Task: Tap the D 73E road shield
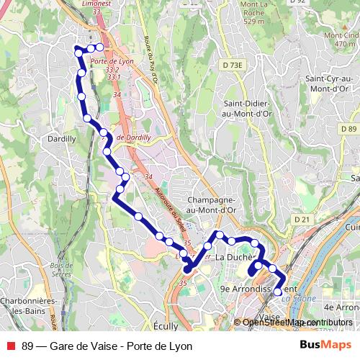pyautogui.click(x=233, y=66)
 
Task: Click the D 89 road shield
pyautogui.click(x=348, y=129)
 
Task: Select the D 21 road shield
pyautogui.click(x=301, y=219)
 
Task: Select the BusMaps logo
pyautogui.click(x=325, y=346)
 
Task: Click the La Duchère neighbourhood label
pyautogui.click(x=235, y=258)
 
